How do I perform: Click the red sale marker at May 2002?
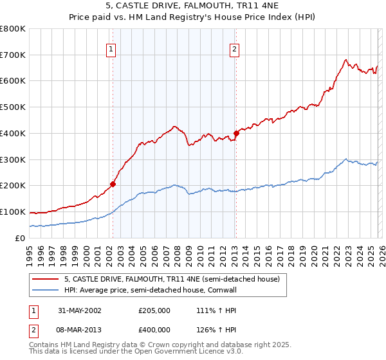(x=113, y=184)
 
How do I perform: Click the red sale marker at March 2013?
(x=235, y=133)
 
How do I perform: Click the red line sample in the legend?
(x=46, y=280)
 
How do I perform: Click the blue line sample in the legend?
(x=46, y=291)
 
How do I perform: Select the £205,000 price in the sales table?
(x=154, y=310)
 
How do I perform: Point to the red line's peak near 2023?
(x=345, y=60)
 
